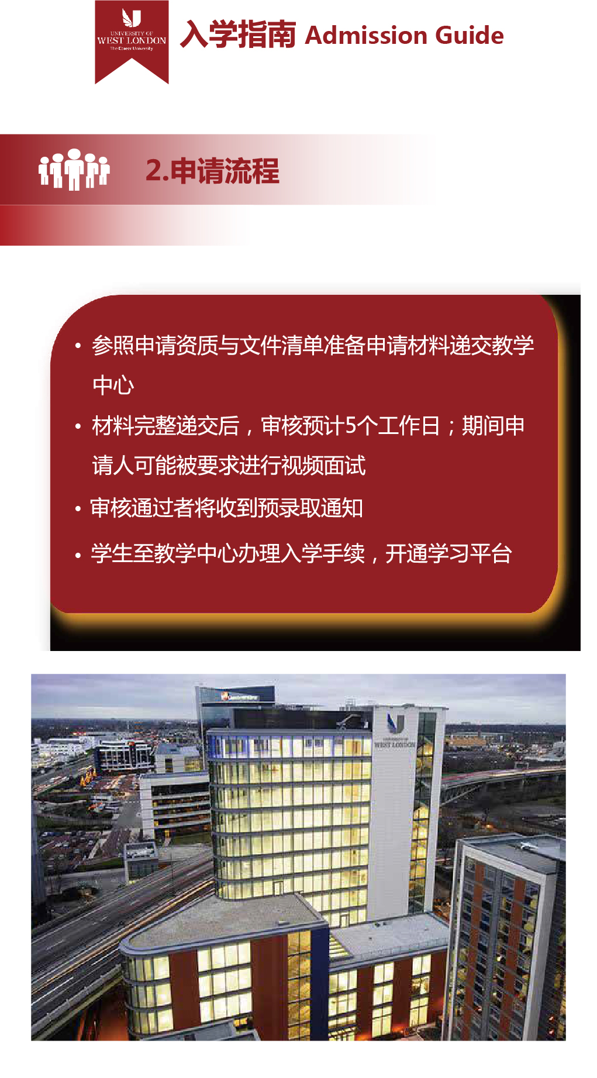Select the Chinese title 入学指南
tap(237, 35)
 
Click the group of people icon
tap(74, 169)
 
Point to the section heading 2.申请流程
tap(212, 171)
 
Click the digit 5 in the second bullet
tap(350, 426)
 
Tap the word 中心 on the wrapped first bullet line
tap(113, 385)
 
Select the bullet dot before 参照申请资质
tap(78, 346)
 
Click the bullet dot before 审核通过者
tap(78, 509)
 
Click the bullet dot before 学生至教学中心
tap(78, 555)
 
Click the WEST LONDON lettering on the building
tap(395, 745)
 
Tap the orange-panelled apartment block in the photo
tap(509, 936)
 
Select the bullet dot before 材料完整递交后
tap(78, 427)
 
